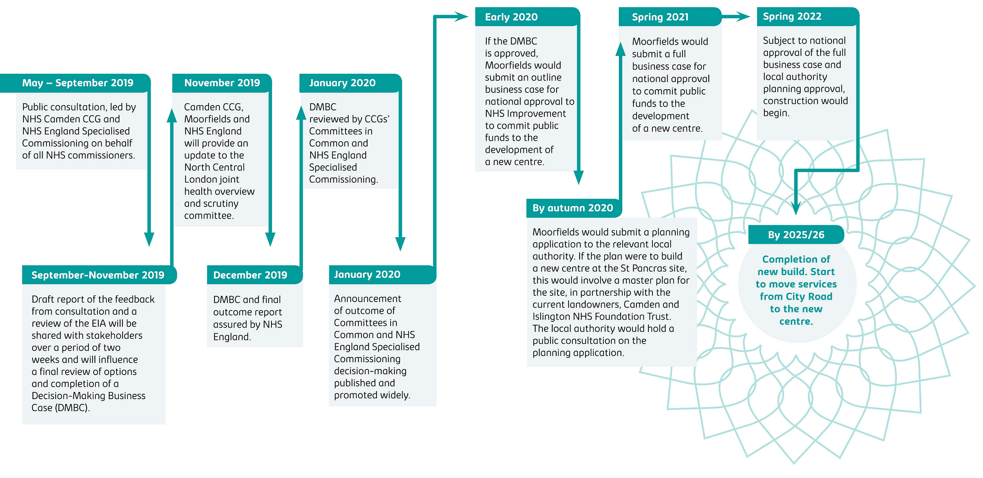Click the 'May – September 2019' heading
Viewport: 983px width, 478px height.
(78, 83)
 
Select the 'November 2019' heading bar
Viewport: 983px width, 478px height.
(222, 83)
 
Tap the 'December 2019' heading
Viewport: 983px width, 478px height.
(250, 275)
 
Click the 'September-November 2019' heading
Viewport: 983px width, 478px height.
(98, 275)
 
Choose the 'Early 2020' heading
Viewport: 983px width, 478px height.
(511, 17)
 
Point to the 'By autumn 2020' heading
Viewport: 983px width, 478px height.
(573, 208)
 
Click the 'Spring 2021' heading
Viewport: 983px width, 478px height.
(660, 17)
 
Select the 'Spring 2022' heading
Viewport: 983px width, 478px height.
(792, 17)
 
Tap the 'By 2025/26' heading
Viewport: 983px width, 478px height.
(796, 235)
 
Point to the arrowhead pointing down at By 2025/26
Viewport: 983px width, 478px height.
(796, 208)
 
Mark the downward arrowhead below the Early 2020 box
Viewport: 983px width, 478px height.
(578, 177)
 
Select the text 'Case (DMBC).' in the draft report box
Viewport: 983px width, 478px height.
(61, 408)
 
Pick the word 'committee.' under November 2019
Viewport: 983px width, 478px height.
(209, 216)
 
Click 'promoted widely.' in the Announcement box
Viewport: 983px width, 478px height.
(372, 395)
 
